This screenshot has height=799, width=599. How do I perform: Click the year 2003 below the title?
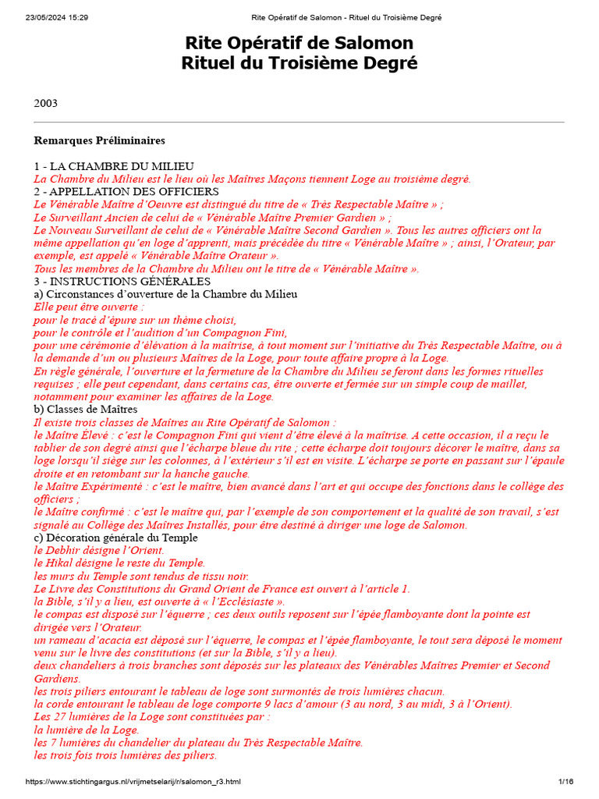click(45, 103)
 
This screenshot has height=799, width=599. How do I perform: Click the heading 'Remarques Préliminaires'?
click(99, 140)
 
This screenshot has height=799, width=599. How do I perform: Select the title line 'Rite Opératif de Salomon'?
click(299, 42)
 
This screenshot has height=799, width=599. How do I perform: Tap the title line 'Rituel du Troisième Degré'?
click(299, 62)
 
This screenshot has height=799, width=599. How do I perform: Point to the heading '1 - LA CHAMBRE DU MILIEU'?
click(114, 166)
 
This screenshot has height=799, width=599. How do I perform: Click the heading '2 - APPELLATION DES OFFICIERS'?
click(126, 192)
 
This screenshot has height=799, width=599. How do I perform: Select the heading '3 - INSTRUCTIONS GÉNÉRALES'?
click(122, 281)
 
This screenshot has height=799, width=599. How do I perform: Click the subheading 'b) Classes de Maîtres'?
click(86, 409)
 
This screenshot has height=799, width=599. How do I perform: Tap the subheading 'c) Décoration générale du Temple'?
click(116, 538)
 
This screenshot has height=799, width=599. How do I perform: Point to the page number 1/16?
click(565, 781)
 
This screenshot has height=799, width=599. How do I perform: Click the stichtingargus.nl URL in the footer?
click(133, 781)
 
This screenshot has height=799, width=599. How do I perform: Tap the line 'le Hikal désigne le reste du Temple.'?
click(119, 563)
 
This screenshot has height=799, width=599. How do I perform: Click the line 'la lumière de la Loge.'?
click(86, 730)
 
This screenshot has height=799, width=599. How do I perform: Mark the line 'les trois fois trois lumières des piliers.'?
click(126, 755)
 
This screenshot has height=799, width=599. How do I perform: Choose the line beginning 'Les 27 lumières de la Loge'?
click(152, 717)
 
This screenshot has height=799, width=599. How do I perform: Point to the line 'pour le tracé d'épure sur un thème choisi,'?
click(135, 320)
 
